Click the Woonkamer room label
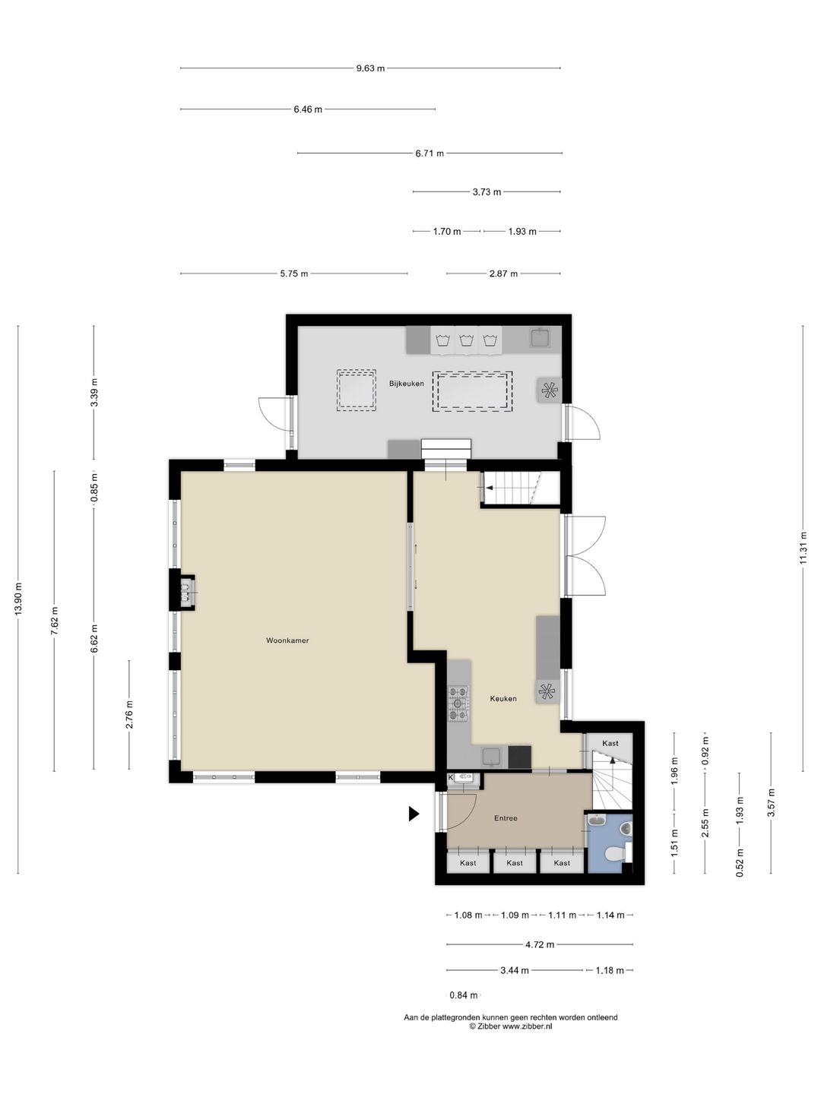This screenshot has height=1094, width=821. (287, 640)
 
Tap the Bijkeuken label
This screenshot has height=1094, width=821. (407, 384)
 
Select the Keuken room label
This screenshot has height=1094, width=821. (503, 699)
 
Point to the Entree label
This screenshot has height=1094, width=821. (506, 818)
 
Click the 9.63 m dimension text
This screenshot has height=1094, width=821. (370, 68)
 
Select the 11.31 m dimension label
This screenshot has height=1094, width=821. (803, 547)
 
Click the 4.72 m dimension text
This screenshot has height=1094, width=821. (540, 944)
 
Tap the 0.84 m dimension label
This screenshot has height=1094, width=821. (464, 995)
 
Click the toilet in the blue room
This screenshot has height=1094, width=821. (615, 855)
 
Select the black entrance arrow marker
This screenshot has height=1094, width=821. (414, 814)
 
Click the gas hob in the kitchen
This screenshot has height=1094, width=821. (458, 703)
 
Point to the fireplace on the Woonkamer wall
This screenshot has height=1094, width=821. (186, 590)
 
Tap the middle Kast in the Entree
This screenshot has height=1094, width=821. (515, 862)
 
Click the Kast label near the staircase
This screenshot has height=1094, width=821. (610, 743)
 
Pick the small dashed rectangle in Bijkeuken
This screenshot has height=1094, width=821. (356, 390)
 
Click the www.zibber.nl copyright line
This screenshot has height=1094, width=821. (510, 1026)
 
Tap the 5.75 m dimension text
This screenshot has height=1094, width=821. (293, 273)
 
